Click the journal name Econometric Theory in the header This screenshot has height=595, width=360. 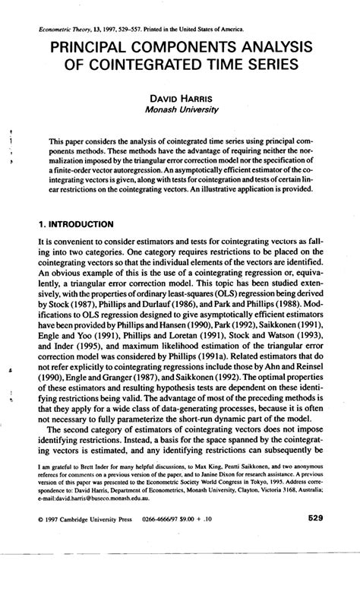[66, 29]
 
